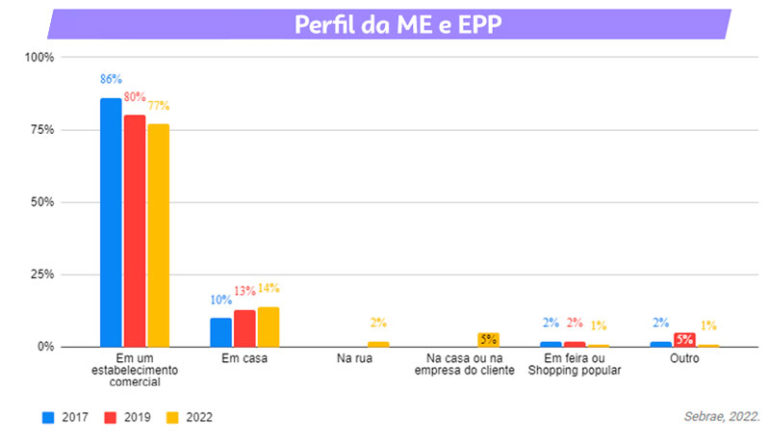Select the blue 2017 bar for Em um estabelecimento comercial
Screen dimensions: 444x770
click(111, 222)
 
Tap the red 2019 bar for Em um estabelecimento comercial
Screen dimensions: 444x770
click(135, 230)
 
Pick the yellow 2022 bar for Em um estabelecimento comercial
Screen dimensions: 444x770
click(158, 235)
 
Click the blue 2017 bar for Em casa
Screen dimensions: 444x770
click(220, 332)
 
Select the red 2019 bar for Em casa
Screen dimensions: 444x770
click(244, 328)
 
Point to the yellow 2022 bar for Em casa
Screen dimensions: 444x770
click(269, 326)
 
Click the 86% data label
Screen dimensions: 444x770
click(111, 79)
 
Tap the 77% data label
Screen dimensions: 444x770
click(158, 106)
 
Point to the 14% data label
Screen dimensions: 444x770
click(269, 289)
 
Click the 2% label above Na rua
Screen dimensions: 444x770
click(378, 324)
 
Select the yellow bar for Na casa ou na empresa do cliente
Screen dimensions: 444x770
click(488, 339)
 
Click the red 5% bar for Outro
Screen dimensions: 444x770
click(684, 339)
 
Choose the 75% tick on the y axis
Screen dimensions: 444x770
click(40, 130)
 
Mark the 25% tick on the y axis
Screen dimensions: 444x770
click(40, 274)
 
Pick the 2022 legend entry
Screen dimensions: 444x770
click(189, 418)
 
